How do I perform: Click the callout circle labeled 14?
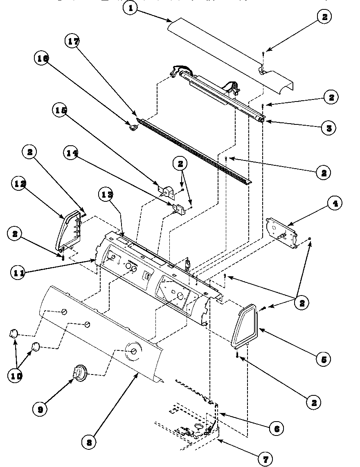point(72,153)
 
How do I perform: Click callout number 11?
point(16,273)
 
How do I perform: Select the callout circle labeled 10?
point(16,375)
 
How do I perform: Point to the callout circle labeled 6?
point(276,428)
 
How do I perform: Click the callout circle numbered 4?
point(335,204)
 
